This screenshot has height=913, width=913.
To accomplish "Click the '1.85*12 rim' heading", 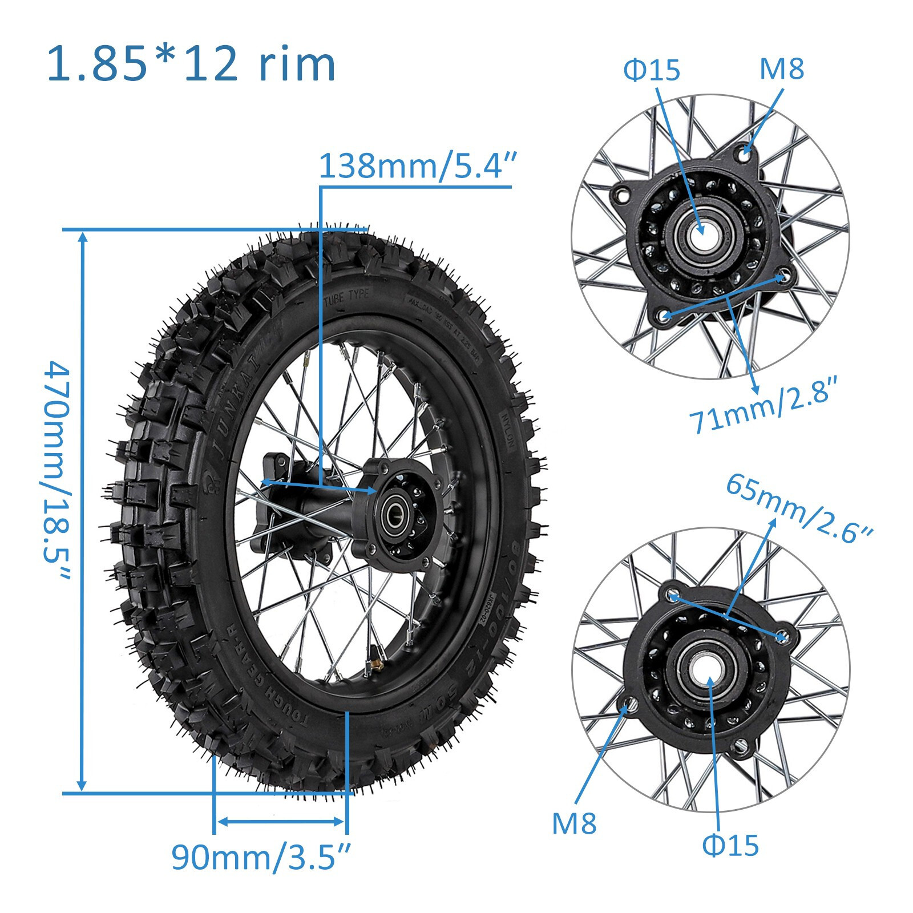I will [191, 64].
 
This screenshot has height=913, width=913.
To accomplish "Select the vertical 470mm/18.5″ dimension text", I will [57, 471].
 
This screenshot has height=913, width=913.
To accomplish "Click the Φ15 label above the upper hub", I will [652, 70].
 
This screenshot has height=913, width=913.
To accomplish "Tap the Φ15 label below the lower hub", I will [730, 845].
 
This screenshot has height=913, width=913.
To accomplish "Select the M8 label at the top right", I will [781, 68].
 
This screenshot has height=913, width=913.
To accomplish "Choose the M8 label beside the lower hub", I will [574, 823].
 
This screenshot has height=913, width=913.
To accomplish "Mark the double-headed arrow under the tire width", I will [280, 822].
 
